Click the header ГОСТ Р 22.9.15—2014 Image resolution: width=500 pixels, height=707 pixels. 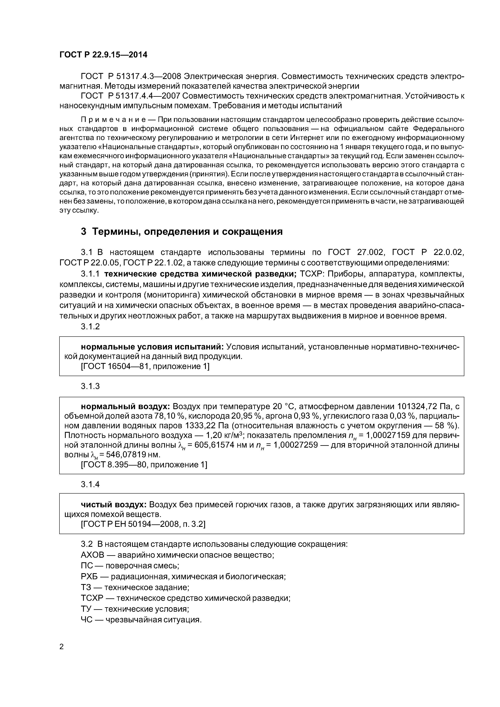[x=103, y=55]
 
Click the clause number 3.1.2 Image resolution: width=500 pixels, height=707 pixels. [x=90, y=326]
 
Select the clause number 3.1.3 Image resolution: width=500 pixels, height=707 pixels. [x=90, y=386]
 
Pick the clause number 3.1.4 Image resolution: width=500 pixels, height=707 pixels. [x=90, y=484]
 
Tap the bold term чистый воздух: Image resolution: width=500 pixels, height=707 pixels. [x=114, y=505]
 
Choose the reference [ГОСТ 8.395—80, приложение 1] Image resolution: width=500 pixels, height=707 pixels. [x=144, y=465]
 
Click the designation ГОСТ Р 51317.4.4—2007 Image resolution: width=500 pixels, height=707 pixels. [x=130, y=96]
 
